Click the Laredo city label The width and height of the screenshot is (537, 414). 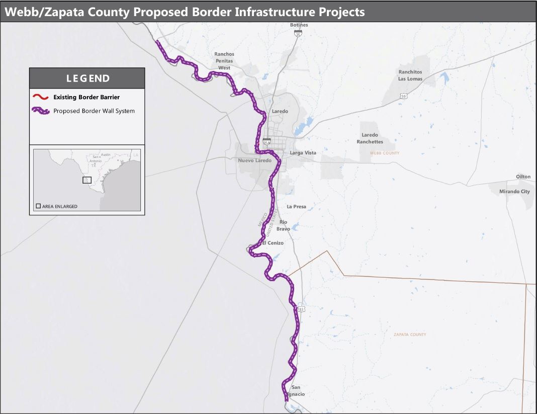(280, 111)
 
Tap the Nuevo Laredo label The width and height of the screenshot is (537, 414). (254, 161)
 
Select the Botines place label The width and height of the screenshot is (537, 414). (299, 25)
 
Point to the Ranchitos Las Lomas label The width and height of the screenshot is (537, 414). (410, 75)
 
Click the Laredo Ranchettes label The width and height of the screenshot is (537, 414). (370, 138)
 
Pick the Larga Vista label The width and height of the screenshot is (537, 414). (303, 152)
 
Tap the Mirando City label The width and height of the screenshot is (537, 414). (514, 192)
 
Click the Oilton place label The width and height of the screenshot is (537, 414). (523, 177)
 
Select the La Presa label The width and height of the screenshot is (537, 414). (296, 207)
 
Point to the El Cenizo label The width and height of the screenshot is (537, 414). (272, 243)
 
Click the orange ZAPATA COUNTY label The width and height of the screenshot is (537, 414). (410, 335)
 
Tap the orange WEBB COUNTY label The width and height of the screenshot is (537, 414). (384, 153)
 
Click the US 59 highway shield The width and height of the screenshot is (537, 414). (403, 95)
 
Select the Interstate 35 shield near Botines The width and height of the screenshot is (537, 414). (299, 33)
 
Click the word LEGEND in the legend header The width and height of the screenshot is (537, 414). (88, 78)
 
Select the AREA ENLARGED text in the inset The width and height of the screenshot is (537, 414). (60, 206)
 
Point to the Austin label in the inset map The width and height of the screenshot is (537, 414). (105, 154)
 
